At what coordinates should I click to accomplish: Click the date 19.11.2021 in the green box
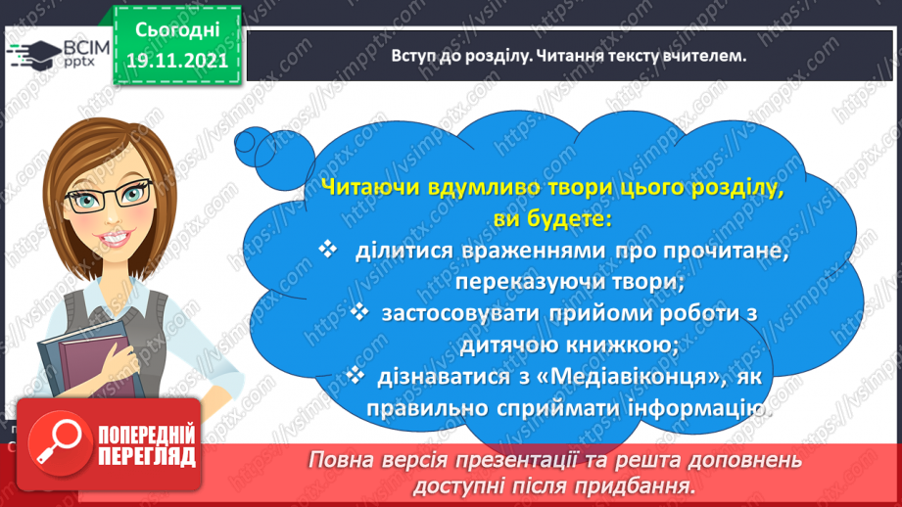[x=177, y=61]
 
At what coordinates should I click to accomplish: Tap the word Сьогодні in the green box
[x=177, y=30]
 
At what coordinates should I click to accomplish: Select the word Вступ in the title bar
[x=410, y=56]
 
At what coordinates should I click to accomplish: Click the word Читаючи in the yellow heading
[x=370, y=188]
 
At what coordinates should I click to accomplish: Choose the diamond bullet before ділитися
[x=328, y=249]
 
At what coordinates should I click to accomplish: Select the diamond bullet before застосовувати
[x=359, y=312]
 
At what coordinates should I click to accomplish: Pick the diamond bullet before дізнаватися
[x=356, y=375]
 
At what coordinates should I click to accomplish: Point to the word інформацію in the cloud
[x=699, y=409]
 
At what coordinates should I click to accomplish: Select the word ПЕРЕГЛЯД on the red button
[x=147, y=457]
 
